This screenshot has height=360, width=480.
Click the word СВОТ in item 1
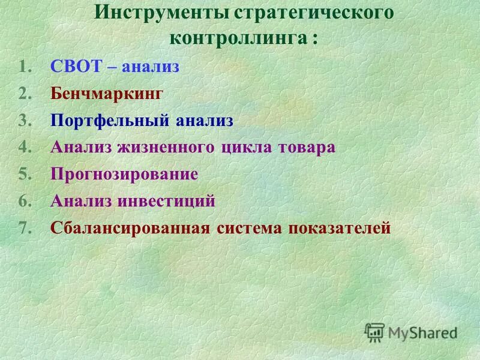[76, 67]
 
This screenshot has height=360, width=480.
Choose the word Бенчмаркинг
[107, 94]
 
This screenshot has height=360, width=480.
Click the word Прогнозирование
[124, 175]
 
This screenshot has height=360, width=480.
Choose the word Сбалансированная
[130, 229]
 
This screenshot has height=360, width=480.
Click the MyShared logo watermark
[412, 332]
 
